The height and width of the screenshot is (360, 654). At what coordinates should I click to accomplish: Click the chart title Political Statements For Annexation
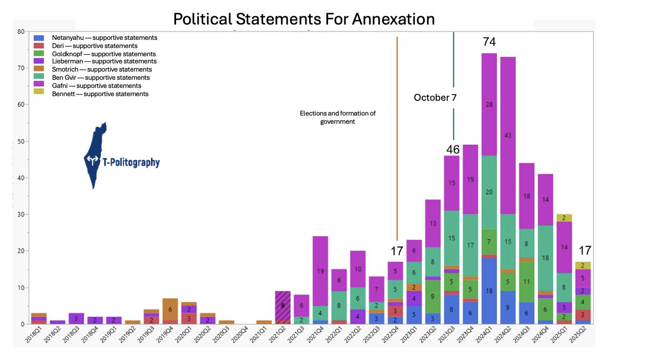tap(304, 19)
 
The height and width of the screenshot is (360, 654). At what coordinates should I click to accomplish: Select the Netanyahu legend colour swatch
tap(37, 38)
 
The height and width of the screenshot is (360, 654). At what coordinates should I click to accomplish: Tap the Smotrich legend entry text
tap(102, 70)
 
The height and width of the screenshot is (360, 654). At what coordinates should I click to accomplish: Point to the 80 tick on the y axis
tap(20, 31)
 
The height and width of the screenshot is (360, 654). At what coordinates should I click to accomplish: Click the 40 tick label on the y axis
tap(20, 178)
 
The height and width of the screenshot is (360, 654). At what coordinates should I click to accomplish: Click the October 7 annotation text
tap(435, 98)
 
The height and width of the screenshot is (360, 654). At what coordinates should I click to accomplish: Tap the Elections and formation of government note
tap(338, 117)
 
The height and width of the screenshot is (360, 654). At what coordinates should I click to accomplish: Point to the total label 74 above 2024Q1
tap(489, 42)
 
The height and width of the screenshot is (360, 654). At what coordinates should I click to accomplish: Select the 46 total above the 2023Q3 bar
tap(453, 150)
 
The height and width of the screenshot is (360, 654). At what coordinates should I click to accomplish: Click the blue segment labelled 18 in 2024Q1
tap(489, 291)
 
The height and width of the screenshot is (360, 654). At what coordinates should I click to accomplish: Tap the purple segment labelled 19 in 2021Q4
tap(320, 271)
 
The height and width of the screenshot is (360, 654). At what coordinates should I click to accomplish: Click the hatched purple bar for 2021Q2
tap(283, 306)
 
